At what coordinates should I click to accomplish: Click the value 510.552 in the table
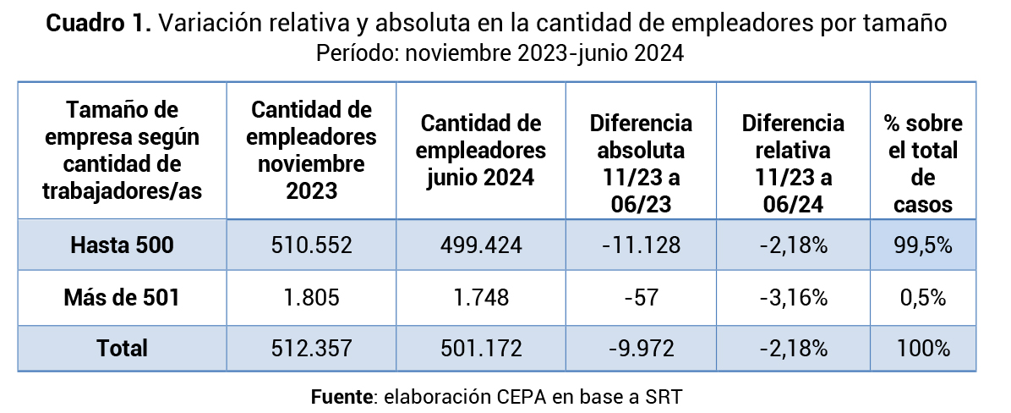tap(312, 246)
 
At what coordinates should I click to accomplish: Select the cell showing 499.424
tap(483, 246)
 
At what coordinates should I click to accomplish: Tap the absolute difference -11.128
tap(641, 246)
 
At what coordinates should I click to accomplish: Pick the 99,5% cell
tap(923, 246)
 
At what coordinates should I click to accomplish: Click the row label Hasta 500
tap(122, 246)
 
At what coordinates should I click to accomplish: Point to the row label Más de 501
tap(122, 298)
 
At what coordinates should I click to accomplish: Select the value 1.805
tap(312, 298)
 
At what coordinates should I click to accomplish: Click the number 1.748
tap(483, 298)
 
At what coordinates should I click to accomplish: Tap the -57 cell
tap(641, 298)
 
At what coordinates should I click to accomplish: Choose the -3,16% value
tap(793, 298)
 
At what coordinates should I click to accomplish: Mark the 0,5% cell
tap(923, 298)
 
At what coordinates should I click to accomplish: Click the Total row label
tap(122, 348)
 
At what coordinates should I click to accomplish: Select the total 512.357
tap(312, 348)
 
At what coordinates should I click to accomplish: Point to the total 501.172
tap(483, 348)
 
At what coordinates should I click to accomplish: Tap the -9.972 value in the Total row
tap(641, 348)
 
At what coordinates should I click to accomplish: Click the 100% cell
tap(923, 348)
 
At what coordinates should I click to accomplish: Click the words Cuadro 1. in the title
tap(98, 25)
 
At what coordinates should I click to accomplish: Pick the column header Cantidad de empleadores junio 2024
tap(483, 151)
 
